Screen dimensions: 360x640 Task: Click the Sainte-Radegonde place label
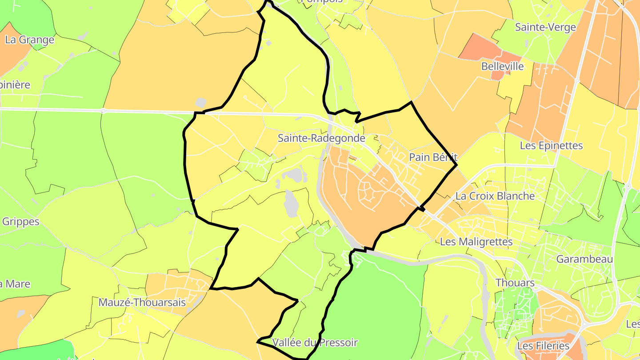point(321,138)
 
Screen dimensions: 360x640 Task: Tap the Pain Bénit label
point(433,157)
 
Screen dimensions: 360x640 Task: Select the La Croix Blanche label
point(495,196)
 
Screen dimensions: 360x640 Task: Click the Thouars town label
point(515,283)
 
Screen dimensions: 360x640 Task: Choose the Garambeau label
point(584,259)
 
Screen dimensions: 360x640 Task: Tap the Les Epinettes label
point(557,146)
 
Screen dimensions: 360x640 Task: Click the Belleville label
point(502,67)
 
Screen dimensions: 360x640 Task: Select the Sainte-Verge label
point(545,27)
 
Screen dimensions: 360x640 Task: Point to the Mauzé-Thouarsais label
point(142,303)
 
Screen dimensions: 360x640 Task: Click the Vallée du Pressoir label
point(315,343)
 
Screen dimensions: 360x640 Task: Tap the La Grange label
point(29,40)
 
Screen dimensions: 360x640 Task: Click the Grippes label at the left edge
point(20,221)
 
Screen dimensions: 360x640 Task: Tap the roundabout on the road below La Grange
point(103,111)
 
